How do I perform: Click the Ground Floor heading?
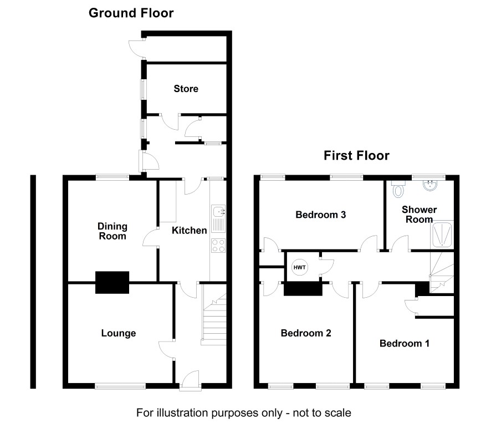(131, 13)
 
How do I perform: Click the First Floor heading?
(356, 156)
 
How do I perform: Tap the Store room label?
(186, 89)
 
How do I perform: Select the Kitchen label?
(189, 231)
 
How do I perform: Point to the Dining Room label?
(112, 231)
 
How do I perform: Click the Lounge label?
(119, 333)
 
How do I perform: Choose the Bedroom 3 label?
(321, 215)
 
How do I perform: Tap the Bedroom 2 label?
(306, 333)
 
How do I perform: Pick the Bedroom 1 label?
(404, 343)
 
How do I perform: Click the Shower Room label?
(419, 215)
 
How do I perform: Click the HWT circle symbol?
(300, 267)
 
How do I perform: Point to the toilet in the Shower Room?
(398, 189)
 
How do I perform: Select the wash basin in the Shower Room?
(431, 185)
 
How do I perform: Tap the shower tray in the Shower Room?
(442, 234)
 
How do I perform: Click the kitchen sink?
(218, 218)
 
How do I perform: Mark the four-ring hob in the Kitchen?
(218, 246)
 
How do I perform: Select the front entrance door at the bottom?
(191, 381)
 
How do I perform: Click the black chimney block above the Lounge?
(112, 282)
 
